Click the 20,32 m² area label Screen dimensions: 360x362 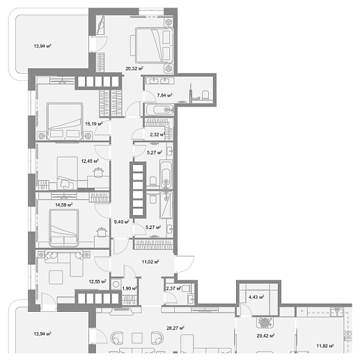tap(134, 68)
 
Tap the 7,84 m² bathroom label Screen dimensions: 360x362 tap(164, 95)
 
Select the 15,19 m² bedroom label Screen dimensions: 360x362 tap(93, 124)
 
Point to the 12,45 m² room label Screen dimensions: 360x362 tap(90, 161)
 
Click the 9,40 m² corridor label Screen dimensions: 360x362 tap(121, 222)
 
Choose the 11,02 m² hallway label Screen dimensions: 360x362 tap(150, 262)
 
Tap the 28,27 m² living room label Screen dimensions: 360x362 tap(175, 328)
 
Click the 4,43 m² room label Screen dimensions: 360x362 tap(256, 297)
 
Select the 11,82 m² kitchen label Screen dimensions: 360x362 tap(325, 346)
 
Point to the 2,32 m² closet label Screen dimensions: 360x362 tap(157, 134)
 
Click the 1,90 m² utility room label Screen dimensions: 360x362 tap(130, 288)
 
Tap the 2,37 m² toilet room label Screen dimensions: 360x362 tap(173, 288)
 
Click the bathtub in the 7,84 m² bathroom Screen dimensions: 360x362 tap(160, 109)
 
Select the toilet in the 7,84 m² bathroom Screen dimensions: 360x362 tap(205, 95)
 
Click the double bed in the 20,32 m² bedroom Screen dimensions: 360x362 tap(155, 45)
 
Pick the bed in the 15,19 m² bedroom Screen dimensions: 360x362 tap(65, 121)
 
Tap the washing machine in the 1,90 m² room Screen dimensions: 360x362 tap(116, 284)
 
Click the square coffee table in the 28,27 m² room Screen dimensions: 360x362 tap(137, 338)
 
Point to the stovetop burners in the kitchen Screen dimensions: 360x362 tap(348, 336)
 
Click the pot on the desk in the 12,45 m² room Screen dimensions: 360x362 tap(98, 172)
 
